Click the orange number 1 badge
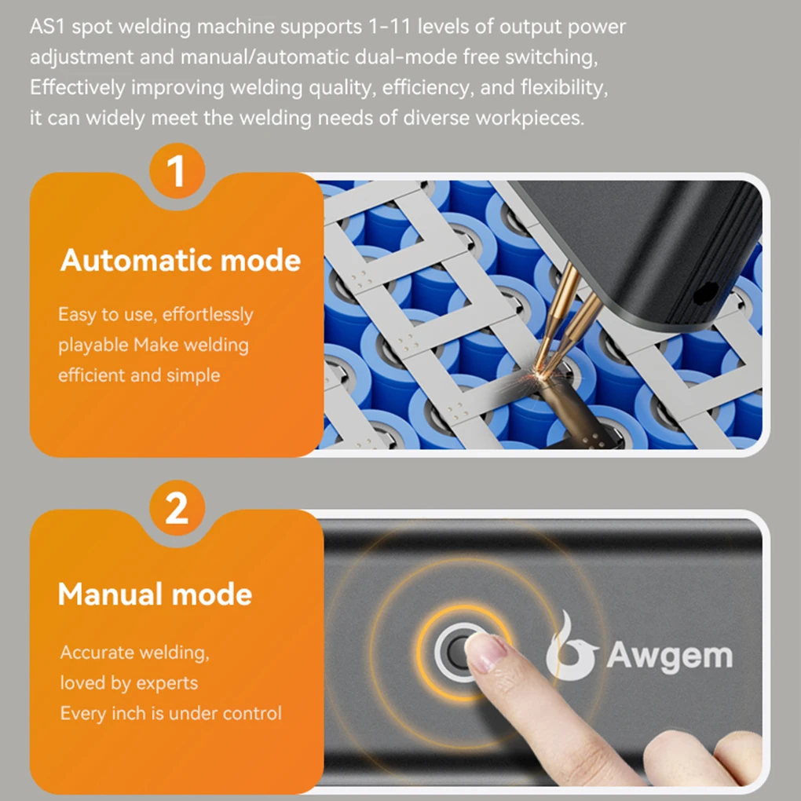click(x=177, y=172)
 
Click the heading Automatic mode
click(x=181, y=260)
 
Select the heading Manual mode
click(x=155, y=594)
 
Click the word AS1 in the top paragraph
click(x=49, y=27)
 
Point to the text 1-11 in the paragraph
click(x=390, y=27)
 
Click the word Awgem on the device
click(x=669, y=655)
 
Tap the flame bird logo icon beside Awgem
click(x=571, y=647)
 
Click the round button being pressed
click(x=458, y=650)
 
